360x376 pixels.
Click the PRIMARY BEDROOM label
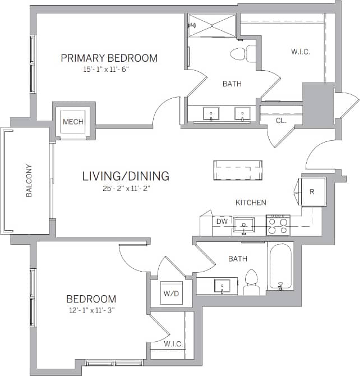tap(109, 58)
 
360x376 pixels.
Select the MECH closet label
tap(73, 122)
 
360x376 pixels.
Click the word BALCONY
tap(29, 181)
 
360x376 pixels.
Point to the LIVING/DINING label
tap(126, 176)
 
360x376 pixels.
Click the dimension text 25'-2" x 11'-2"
tap(126, 189)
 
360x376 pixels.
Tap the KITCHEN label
tap(251, 203)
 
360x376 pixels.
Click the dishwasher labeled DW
tap(221, 222)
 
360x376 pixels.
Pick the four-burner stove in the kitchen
tap(277, 224)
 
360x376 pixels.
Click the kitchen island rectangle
tap(238, 170)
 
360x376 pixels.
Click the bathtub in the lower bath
tap(280, 267)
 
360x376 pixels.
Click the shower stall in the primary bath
tap(212, 26)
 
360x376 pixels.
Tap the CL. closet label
tap(281, 120)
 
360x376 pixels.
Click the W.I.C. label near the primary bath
tap(301, 52)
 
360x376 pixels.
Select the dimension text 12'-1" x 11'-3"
tap(91, 310)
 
